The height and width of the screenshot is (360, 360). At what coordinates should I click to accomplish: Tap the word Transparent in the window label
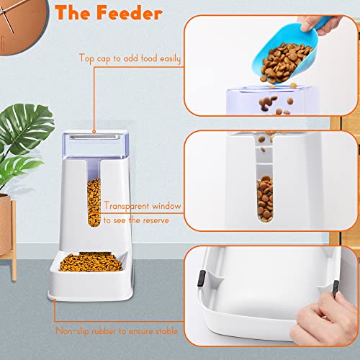click(x=128, y=205)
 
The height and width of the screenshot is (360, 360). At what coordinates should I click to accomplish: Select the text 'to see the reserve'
click(x=136, y=220)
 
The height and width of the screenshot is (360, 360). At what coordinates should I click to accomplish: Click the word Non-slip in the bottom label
click(x=74, y=332)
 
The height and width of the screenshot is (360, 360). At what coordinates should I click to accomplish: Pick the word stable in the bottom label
click(x=169, y=332)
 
